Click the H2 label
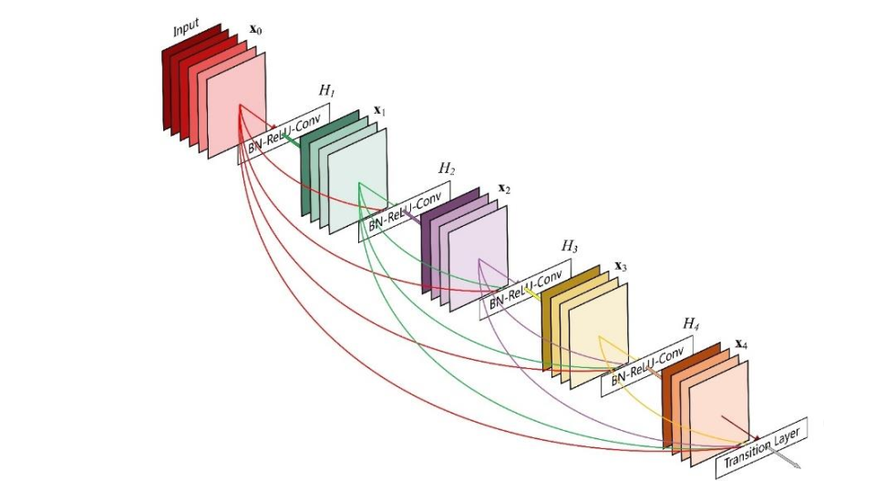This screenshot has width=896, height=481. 447,169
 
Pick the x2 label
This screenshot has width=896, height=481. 504,189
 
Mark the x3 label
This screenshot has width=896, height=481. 620,266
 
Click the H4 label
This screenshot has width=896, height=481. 691,323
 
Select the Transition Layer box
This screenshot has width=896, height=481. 761,447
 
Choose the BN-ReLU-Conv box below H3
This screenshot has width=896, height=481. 526,289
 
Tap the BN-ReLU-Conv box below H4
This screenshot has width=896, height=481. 646,366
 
